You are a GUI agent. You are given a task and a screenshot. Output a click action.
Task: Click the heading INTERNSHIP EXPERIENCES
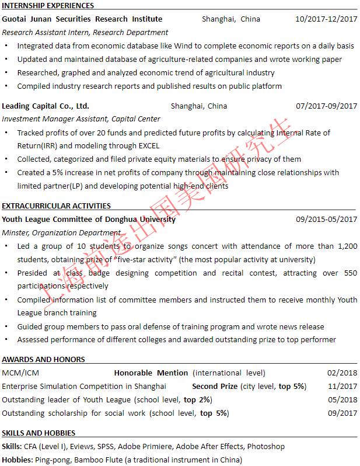tap(48, 6)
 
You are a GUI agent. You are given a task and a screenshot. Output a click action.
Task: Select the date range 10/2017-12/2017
tap(326, 19)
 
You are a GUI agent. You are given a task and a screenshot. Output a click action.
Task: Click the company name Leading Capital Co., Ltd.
tap(46, 106)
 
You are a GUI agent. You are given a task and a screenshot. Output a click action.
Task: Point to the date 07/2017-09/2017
tap(326, 106)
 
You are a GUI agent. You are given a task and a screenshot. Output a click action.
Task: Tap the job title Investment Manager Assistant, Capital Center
tap(81, 119)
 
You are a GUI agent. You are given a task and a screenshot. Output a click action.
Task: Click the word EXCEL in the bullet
tap(148, 146)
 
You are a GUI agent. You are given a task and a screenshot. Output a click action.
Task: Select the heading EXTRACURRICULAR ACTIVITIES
tap(56, 206)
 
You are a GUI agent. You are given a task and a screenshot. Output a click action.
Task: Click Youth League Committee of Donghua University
tap(88, 220)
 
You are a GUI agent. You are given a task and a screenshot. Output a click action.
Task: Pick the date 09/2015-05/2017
tap(326, 220)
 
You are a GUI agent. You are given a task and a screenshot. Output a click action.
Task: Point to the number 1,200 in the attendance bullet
tap(347, 246)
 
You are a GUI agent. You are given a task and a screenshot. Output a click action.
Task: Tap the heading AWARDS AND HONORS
tap(43, 360)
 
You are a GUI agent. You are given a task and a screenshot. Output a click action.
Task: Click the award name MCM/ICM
tap(21, 373)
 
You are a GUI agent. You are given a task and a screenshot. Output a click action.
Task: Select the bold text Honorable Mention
tap(151, 373)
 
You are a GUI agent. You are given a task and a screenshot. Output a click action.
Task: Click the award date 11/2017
tap(342, 386)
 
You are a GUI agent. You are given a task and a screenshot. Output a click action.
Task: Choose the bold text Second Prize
tap(215, 386)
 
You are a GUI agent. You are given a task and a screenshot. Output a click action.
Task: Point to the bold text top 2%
tap(197, 400)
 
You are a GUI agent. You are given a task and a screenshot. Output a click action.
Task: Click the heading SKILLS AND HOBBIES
tap(39, 433)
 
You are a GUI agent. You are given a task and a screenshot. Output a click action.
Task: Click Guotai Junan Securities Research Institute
tap(82, 19)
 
